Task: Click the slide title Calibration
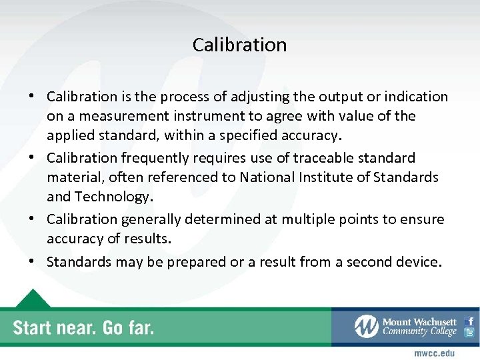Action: (x=239, y=45)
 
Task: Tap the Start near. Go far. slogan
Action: (x=83, y=328)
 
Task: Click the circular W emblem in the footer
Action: (x=366, y=327)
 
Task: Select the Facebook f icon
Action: (x=470, y=321)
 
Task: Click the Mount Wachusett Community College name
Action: (x=419, y=327)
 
